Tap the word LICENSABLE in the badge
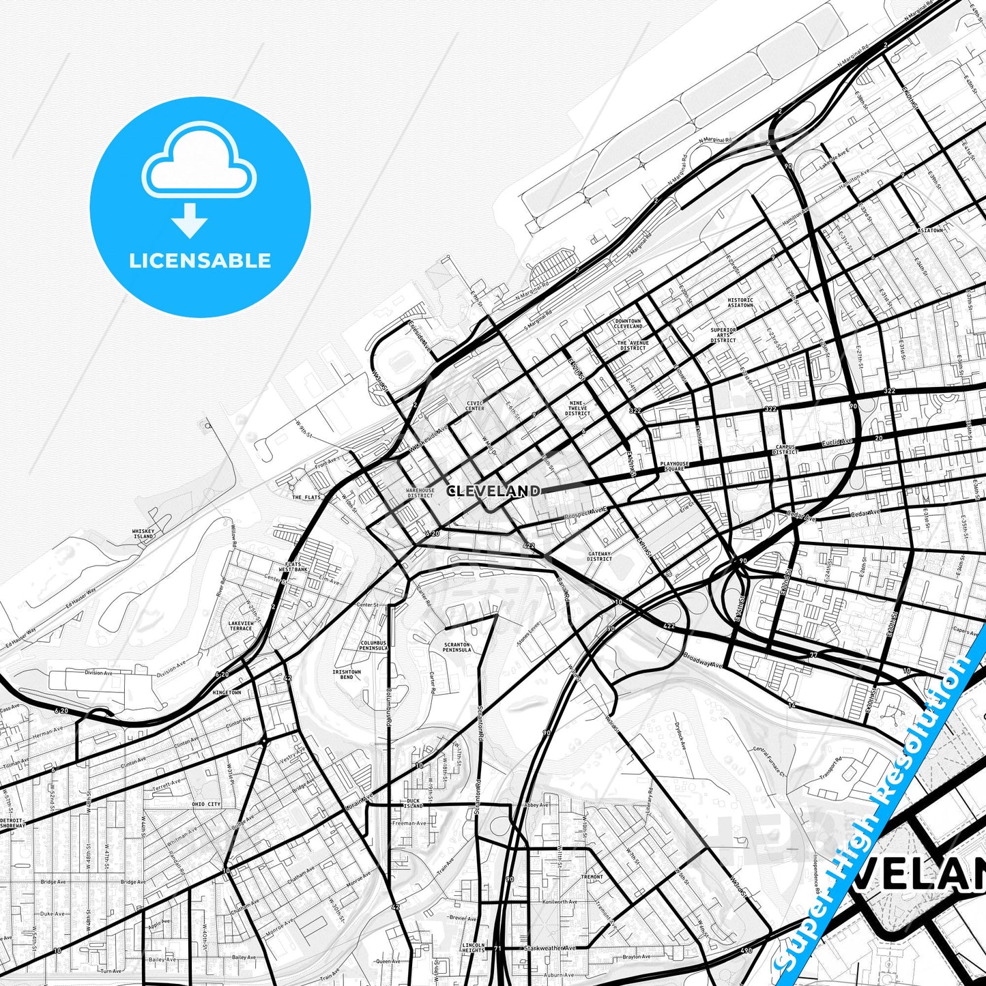[x=200, y=261]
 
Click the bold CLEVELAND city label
[x=493, y=491]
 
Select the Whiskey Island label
[x=143, y=534]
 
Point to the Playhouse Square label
[x=674, y=467]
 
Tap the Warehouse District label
[x=420, y=493]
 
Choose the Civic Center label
[x=475, y=406]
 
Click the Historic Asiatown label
[x=740, y=302]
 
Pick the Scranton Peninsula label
[x=456, y=647]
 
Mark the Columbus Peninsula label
[x=373, y=646]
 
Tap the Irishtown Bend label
[x=347, y=674]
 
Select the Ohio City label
[x=206, y=804]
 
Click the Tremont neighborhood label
[x=592, y=877]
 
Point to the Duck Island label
[x=414, y=803]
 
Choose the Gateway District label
[x=599, y=556]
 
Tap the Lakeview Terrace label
[x=240, y=626]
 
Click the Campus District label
[x=785, y=450]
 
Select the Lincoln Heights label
[x=473, y=948]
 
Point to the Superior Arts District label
[x=723, y=334]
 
